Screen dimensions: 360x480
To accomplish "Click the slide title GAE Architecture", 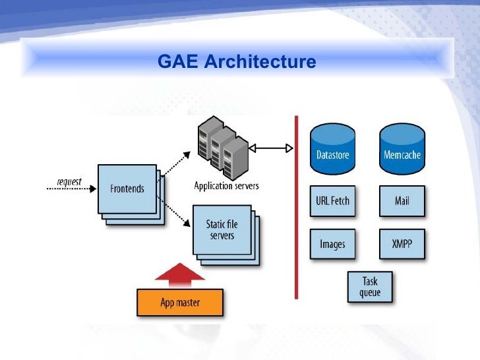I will [237, 63].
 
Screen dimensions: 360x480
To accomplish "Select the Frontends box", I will [127, 189].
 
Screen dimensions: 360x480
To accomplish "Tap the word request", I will [69, 181].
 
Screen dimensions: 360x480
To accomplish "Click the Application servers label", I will [226, 185].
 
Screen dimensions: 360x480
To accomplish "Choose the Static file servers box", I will [223, 230].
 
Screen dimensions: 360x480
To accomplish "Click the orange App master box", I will [180, 303].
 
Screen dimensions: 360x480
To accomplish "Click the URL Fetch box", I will [332, 201].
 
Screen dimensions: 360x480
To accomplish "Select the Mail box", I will [402, 201].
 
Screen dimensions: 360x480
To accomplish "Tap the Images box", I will [332, 244].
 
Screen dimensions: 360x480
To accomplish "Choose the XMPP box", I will [402, 244].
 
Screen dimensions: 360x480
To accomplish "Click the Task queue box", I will [369, 287].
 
